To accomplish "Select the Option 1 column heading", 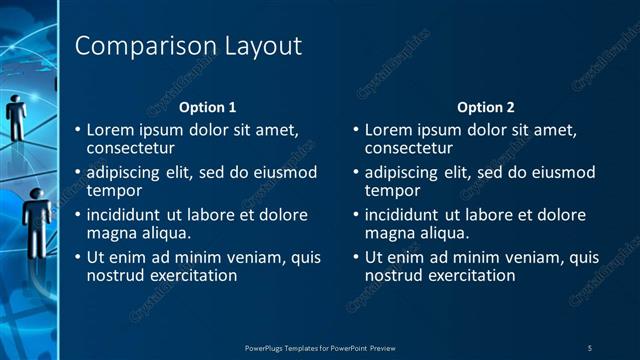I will point(207,107).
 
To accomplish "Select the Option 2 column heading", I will point(485,107).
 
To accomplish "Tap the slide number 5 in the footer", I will point(589,347).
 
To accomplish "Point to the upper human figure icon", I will point(16,114).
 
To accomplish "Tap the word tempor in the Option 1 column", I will point(114,190).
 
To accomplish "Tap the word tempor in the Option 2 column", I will point(392,190).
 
